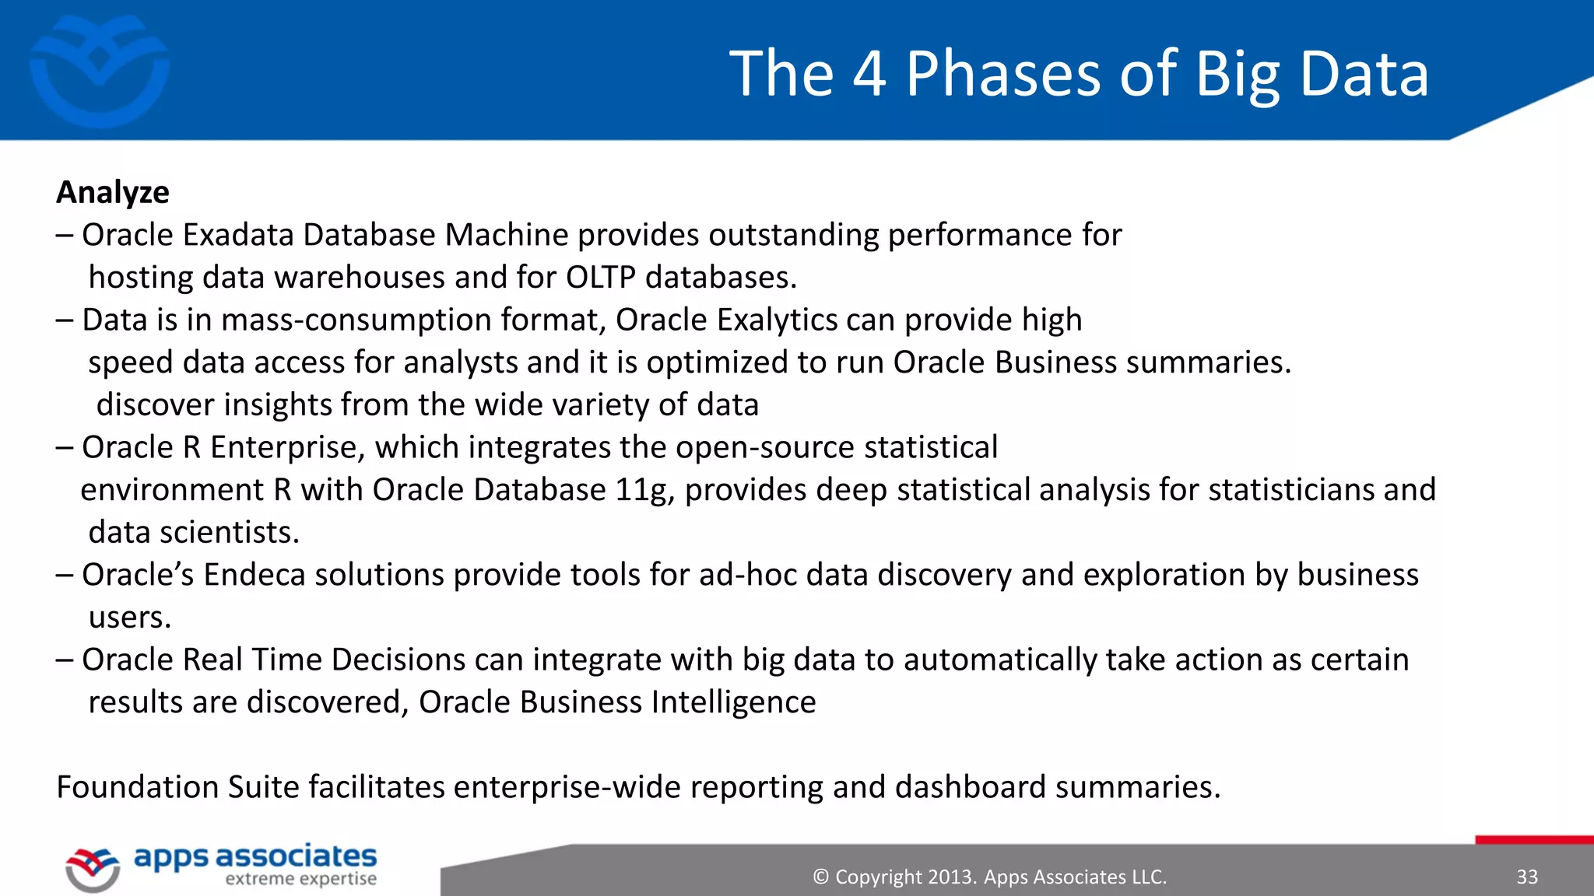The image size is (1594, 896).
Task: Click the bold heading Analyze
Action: pos(112,193)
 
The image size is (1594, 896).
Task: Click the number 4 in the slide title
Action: pos(869,74)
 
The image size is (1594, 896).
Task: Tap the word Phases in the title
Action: pos(1002,74)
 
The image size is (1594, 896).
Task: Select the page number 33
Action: pos(1526,877)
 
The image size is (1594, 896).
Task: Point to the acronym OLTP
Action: pos(600,278)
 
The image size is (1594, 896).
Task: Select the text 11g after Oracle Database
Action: pos(644,490)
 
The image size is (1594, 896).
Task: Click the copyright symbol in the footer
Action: pos(820,877)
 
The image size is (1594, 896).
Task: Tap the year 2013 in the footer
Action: pos(952,877)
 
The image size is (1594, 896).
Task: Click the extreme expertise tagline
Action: pos(300,880)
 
